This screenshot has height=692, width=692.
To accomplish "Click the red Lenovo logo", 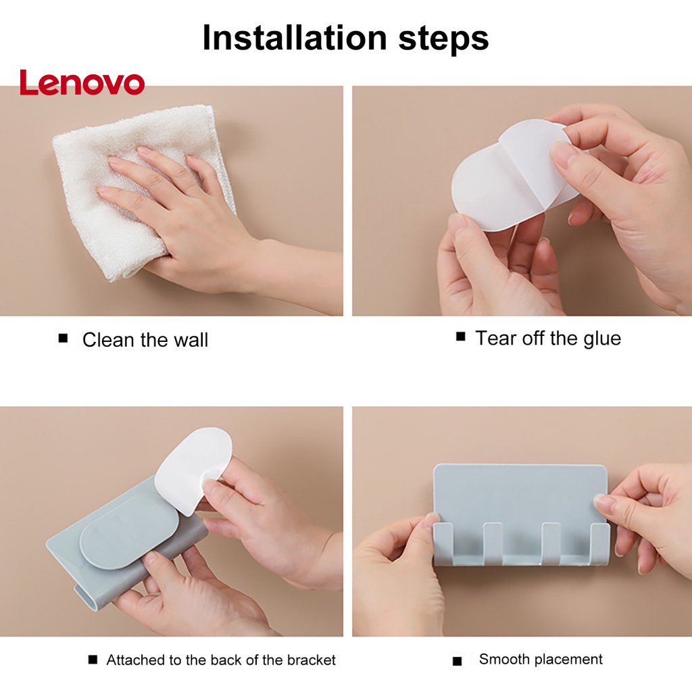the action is tap(82, 82).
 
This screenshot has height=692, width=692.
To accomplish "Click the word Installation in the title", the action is tap(295, 38).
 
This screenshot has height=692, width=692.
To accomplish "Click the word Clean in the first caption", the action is tap(108, 340).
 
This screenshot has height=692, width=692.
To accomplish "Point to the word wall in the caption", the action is tap(191, 340).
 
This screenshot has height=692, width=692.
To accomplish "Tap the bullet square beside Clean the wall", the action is tap(63, 339).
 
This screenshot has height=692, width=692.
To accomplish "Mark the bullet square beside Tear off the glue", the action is tap(460, 337).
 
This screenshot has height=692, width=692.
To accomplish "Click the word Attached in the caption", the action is tap(135, 660).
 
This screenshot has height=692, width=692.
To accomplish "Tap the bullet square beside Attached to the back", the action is tap(93, 660).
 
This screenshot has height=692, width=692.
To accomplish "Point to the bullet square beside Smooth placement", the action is tap(458, 661).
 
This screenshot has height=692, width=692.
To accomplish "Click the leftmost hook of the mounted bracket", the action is tap(443, 543).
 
